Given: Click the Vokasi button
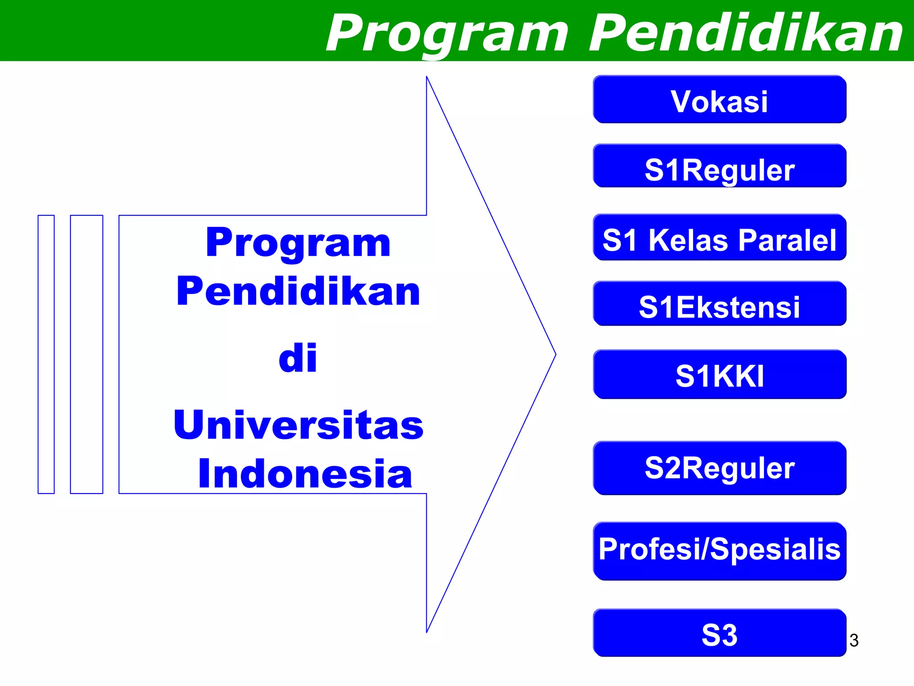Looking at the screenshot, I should point(719,100).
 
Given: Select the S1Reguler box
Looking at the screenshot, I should point(719,166).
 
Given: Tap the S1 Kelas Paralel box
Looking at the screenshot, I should point(719,237).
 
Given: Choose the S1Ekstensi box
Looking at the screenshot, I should point(719,304).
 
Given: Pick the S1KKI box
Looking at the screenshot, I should point(719,374).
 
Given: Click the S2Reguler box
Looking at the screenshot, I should point(719,468).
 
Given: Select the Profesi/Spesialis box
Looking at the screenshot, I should point(719,551).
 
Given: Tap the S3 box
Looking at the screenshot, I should point(719,632).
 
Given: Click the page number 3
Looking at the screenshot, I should point(854,640).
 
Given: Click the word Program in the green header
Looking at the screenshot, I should point(446,33).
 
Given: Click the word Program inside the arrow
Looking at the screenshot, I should point(298,243).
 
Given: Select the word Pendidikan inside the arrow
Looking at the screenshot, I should point(298,292).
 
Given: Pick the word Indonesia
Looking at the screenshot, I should point(305,473).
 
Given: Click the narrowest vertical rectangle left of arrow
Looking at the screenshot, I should point(46,354).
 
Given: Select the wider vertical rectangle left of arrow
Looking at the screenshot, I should point(87,354).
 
